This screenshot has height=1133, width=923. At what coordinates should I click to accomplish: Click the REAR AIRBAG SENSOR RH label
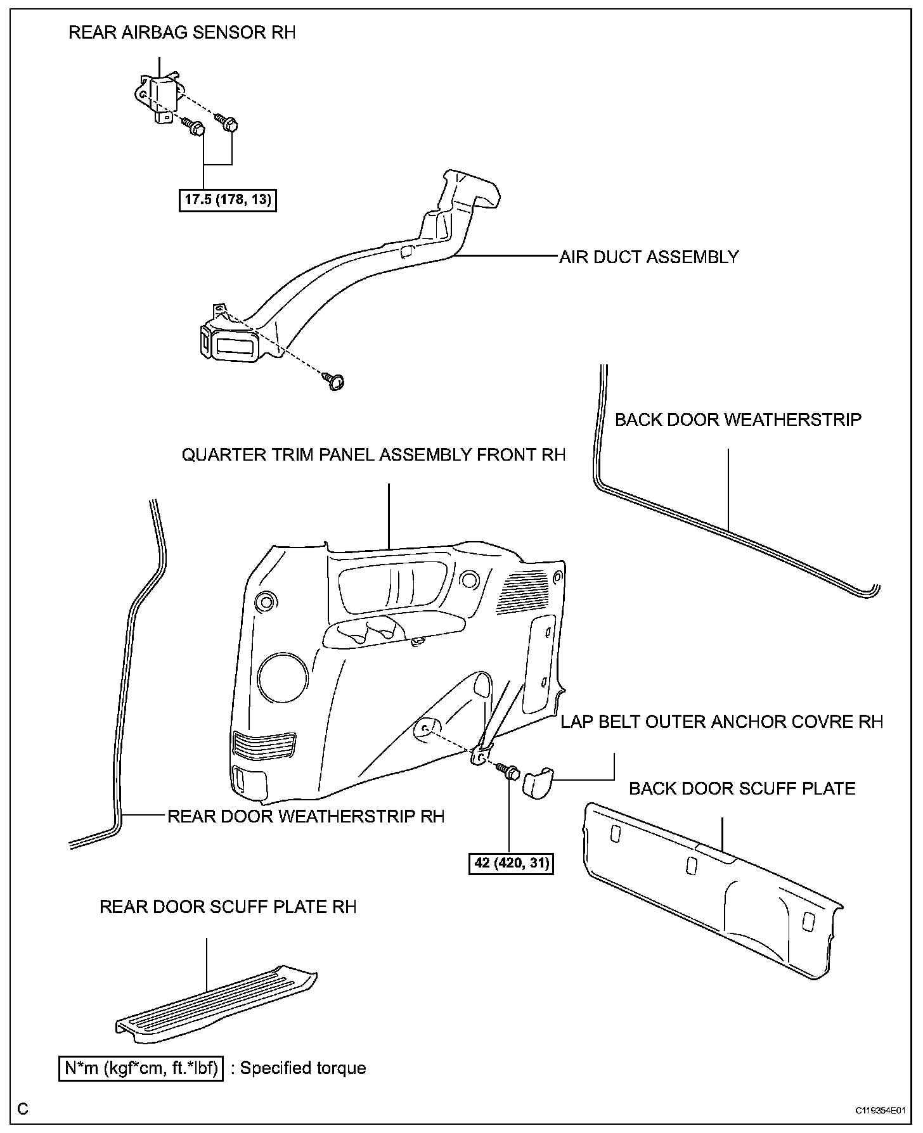point(182,33)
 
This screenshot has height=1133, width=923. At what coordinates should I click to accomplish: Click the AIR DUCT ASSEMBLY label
point(649,257)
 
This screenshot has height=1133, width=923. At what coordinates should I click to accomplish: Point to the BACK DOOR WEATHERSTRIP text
point(738,419)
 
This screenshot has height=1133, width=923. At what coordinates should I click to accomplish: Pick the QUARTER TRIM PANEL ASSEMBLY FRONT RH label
point(373,455)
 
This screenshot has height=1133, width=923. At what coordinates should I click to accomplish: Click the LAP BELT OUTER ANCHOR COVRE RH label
point(721,722)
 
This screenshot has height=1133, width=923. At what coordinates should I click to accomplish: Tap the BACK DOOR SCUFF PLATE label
point(742,788)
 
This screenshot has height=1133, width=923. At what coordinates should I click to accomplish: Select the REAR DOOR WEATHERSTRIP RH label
point(306,816)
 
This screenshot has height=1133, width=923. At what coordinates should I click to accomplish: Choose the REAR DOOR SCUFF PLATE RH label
point(228,907)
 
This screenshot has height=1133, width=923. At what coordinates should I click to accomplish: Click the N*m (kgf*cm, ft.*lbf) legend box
point(141,1068)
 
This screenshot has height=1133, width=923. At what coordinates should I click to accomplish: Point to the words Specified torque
point(303,1068)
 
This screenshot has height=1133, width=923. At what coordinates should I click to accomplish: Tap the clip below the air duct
point(335,381)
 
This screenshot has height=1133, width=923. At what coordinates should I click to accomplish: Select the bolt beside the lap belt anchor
point(509,772)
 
